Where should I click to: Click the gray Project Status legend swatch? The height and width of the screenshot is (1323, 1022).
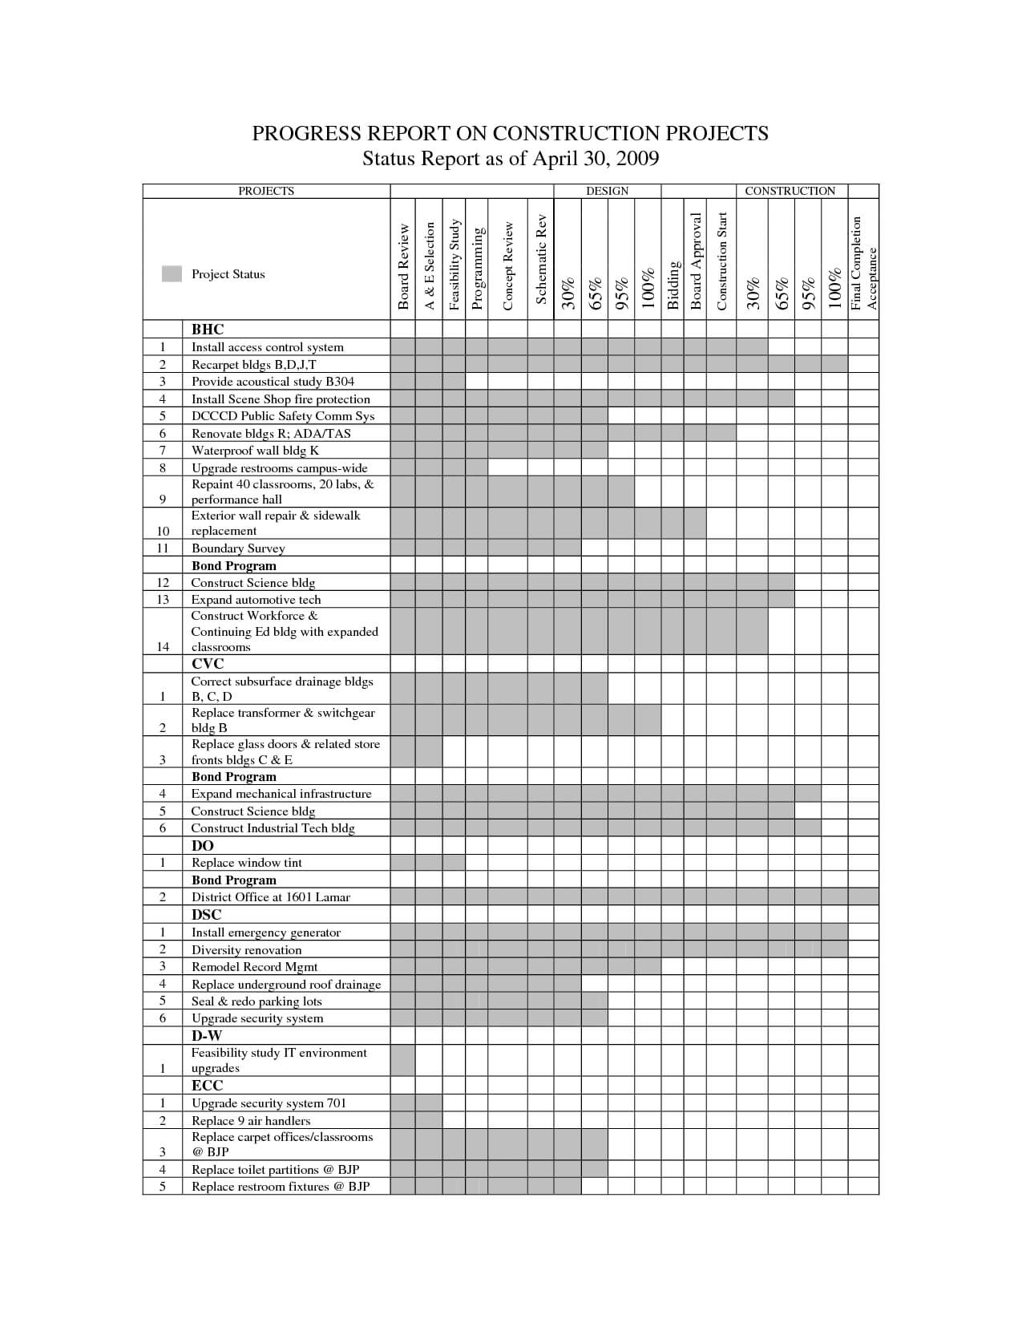pyautogui.click(x=172, y=273)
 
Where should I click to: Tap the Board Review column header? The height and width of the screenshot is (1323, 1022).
pyautogui.click(x=403, y=266)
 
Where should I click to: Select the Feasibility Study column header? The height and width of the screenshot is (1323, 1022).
pyautogui.click(x=454, y=264)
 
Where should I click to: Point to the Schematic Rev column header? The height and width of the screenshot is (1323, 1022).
pyautogui.click(x=541, y=259)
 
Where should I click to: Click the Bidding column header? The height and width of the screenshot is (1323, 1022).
pyautogui.click(x=673, y=285)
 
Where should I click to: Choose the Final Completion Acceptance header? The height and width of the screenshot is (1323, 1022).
pyautogui.click(x=864, y=263)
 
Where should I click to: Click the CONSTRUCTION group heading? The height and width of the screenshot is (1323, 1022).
pyautogui.click(x=790, y=191)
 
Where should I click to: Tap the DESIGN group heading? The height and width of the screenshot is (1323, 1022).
pyautogui.click(x=607, y=191)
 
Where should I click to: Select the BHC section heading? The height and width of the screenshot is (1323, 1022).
pyautogui.click(x=208, y=330)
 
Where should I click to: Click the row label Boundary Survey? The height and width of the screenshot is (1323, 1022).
pyautogui.click(x=238, y=548)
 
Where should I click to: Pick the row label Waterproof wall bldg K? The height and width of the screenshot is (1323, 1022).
pyautogui.click(x=255, y=451)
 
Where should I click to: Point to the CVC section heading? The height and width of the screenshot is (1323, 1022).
pyautogui.click(x=208, y=664)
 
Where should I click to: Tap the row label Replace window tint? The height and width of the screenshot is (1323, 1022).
pyautogui.click(x=246, y=863)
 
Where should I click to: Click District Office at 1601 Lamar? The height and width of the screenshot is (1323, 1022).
pyautogui.click(x=270, y=897)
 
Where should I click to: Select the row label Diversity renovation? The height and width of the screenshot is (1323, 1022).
pyautogui.click(x=246, y=950)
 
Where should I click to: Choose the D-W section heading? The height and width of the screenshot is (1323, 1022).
pyautogui.click(x=206, y=1036)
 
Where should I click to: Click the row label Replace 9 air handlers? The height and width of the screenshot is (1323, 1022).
pyautogui.click(x=250, y=1121)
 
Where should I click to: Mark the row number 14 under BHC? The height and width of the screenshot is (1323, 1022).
pyautogui.click(x=163, y=647)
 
